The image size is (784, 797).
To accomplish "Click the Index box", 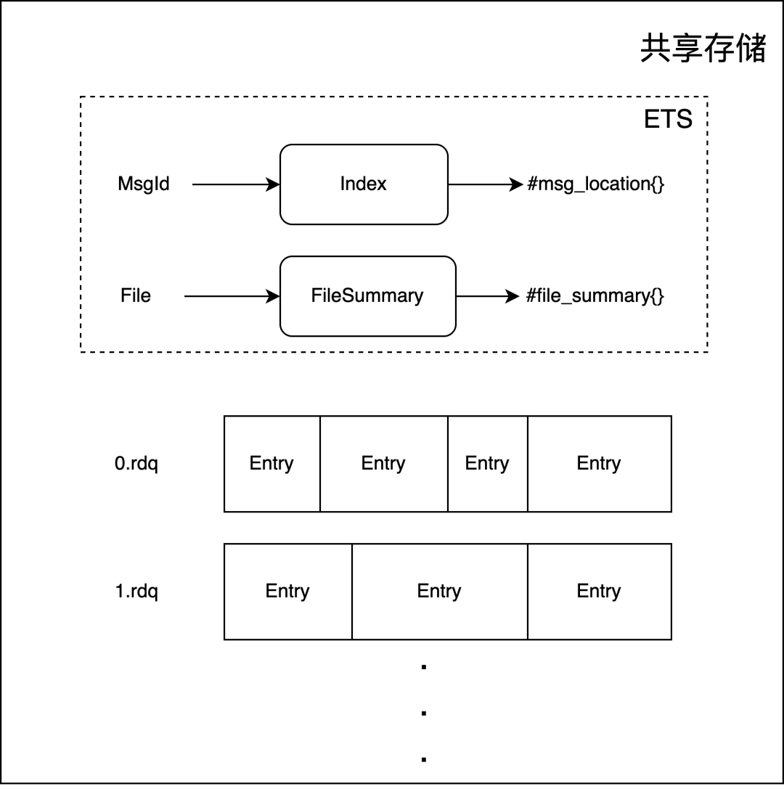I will click(x=364, y=184).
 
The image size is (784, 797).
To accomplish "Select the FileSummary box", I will click(x=367, y=296).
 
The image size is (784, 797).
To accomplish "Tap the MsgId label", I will click(x=144, y=184).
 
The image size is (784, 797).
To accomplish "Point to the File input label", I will click(x=136, y=296).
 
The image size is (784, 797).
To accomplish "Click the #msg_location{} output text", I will click(x=595, y=184).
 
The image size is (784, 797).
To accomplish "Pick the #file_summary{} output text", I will click(x=595, y=296).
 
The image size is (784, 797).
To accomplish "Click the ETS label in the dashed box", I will click(x=668, y=120).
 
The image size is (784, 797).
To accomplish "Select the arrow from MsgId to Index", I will click(x=236, y=184).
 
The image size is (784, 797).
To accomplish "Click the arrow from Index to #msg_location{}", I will click(x=485, y=184).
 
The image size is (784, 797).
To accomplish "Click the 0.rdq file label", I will click(x=136, y=464).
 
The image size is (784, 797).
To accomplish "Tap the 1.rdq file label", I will click(x=136, y=592).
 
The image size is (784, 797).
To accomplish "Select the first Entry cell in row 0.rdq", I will click(x=271, y=464).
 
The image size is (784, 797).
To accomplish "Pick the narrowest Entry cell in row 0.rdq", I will click(x=487, y=464).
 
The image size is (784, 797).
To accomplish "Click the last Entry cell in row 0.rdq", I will click(x=599, y=464).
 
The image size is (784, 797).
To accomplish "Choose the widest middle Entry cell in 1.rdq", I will click(x=439, y=592).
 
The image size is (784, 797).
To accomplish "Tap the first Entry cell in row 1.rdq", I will click(x=287, y=592).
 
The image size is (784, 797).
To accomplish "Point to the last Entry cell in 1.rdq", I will click(x=599, y=592).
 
